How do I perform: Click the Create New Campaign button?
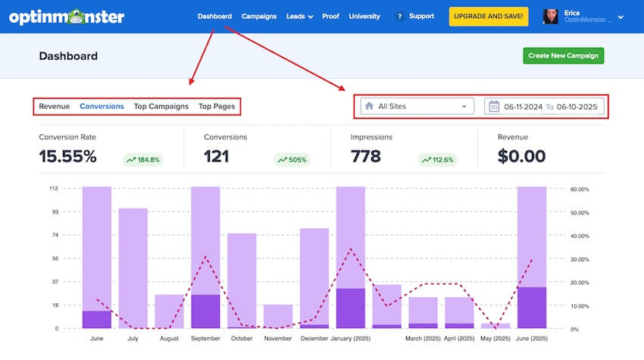point(563,55)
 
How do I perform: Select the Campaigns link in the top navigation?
point(259,16)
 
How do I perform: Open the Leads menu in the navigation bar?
point(299,16)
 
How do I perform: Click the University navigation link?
point(364,16)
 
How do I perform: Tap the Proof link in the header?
point(330,16)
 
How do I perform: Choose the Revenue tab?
point(55,106)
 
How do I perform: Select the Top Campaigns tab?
point(161,106)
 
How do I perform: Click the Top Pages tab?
point(217,106)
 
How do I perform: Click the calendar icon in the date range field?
point(494,106)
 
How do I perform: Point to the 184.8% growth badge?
point(143,159)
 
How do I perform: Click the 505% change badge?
point(291,159)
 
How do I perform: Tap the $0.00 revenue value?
point(521,157)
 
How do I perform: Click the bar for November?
point(278,316)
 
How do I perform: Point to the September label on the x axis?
point(206,339)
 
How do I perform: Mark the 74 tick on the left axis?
point(53,236)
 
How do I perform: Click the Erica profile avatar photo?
point(551,16)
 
